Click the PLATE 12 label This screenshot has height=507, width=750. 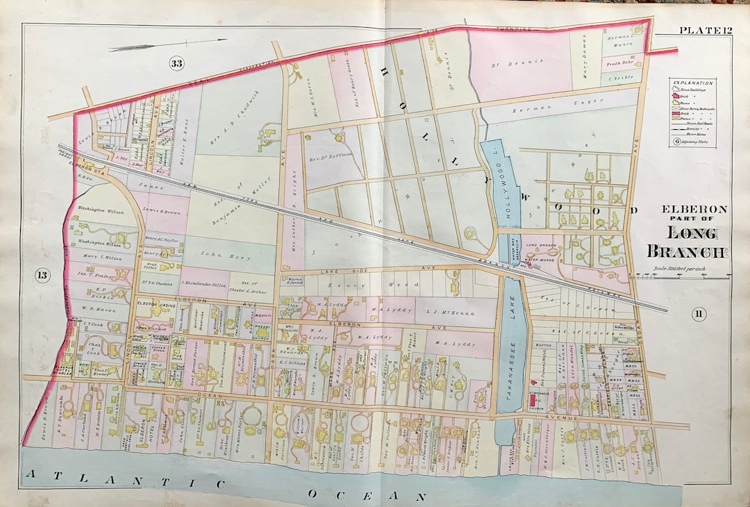[703, 28]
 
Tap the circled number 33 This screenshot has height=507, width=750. [177, 64]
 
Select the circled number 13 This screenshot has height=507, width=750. [43, 276]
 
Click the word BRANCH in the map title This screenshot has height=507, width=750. [687, 251]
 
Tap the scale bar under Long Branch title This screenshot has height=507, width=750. [687, 276]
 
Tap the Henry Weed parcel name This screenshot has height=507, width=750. [378, 285]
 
